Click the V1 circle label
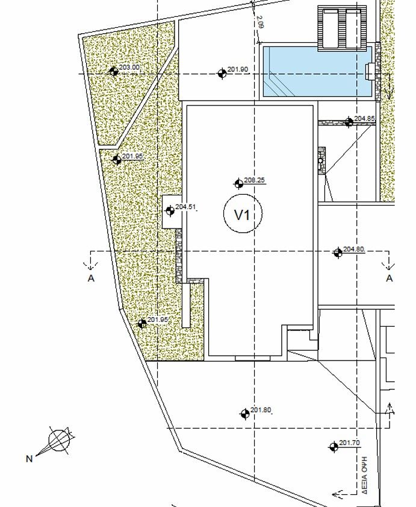click(241, 215)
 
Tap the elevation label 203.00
click(130, 68)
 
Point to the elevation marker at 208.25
click(238, 184)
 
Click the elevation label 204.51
click(186, 207)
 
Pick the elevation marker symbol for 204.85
click(349, 122)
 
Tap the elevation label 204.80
click(353, 250)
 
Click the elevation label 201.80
click(261, 411)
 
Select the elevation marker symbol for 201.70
click(333, 447)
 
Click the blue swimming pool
click(317, 72)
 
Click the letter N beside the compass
click(29, 459)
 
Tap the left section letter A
click(91, 279)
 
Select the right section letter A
click(389, 279)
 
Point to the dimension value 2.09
click(260, 23)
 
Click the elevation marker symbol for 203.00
click(114, 71)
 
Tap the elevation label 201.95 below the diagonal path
click(132, 156)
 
